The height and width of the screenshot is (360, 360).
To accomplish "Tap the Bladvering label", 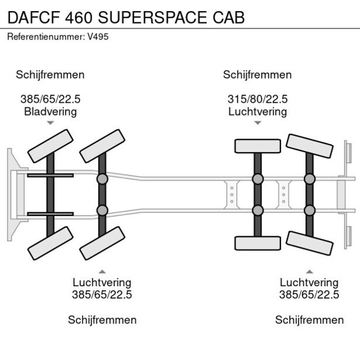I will [50, 111].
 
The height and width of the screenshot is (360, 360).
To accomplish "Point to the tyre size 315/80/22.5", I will [257, 99].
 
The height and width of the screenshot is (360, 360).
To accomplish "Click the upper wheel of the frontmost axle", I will [51, 146].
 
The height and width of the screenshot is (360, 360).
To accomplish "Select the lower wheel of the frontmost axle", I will [51, 242].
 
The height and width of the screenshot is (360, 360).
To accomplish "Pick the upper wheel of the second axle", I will [103, 146].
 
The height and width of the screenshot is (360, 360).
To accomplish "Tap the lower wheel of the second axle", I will [103, 243].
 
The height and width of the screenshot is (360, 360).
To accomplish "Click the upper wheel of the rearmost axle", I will [309, 145].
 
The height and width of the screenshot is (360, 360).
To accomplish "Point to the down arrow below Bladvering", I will [51, 123].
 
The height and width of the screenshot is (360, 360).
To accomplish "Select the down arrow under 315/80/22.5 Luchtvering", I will [258, 123].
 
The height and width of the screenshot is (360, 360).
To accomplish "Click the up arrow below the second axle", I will [102, 271].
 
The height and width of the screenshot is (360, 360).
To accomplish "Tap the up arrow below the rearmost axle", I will [309, 271].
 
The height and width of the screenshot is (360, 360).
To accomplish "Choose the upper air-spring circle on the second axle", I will [103, 179].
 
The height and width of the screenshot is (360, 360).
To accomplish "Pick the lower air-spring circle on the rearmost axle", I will [309, 210].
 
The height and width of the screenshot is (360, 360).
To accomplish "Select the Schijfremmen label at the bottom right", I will [309, 320].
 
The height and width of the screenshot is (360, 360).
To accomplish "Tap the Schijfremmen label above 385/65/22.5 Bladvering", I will [51, 75].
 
